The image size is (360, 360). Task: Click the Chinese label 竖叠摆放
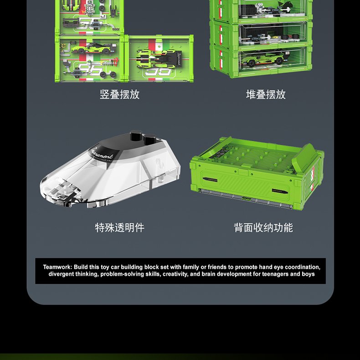119,94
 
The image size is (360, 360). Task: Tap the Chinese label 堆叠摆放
266,94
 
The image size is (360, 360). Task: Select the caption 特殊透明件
119,227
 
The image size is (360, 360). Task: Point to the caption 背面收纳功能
263,227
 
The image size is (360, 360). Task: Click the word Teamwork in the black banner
57,267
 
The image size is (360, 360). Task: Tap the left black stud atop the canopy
136,135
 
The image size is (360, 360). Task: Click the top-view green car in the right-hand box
159,59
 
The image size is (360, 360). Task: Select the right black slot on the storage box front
280,191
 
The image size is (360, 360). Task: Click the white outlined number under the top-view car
159,72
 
